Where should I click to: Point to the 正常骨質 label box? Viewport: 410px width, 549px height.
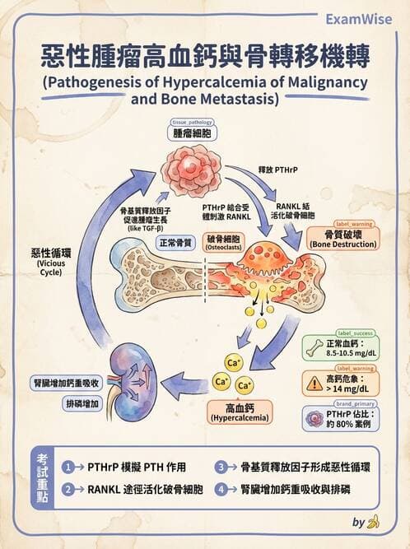(175, 243)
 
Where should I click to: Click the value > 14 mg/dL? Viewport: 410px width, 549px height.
(354, 388)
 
